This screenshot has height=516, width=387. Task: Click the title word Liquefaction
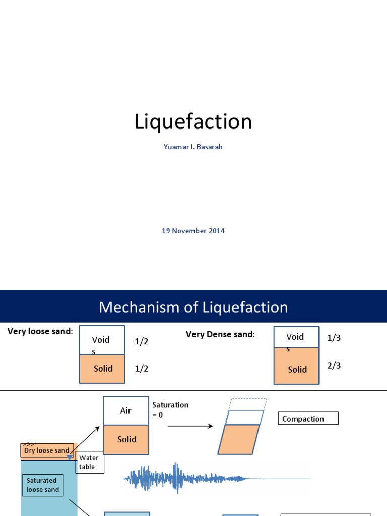(193, 122)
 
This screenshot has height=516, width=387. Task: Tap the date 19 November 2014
(193, 231)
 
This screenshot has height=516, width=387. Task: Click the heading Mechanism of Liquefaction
(193, 307)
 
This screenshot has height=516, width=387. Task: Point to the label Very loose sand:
(40, 331)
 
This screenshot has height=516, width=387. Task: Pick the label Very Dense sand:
(220, 334)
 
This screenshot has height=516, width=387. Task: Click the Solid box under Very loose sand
(103, 369)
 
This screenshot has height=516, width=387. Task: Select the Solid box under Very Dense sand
(297, 370)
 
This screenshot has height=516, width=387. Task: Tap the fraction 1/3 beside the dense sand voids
(334, 338)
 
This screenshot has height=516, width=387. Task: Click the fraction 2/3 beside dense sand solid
(334, 366)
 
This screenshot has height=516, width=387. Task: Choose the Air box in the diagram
(126, 411)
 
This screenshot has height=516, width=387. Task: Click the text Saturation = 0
(170, 410)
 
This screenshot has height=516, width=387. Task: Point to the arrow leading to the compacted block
(190, 426)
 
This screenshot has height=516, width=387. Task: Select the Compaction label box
(308, 419)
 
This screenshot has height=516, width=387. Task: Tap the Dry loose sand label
(47, 450)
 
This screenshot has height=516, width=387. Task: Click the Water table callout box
(90, 462)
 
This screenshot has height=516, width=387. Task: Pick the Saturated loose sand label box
(43, 485)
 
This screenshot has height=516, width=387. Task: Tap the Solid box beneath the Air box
(126, 439)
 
